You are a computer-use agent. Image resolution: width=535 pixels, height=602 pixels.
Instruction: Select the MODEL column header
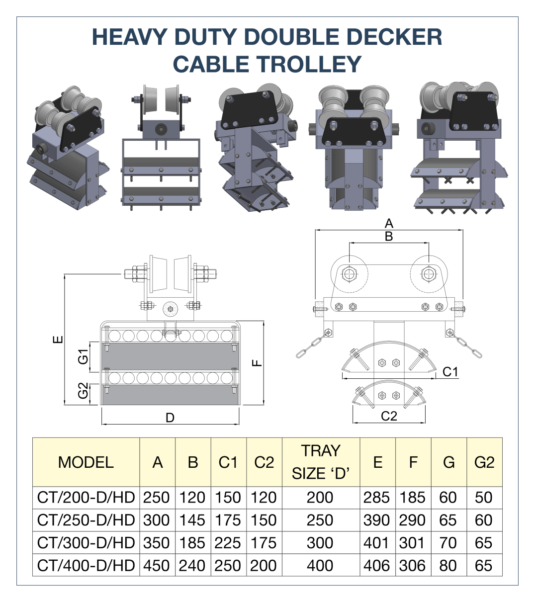point(86,462)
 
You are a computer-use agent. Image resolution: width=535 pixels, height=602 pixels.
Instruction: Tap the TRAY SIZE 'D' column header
point(321,462)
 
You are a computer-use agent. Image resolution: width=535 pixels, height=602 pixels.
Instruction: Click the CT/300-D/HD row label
point(86,543)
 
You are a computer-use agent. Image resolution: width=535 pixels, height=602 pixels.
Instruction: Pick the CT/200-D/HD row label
point(86,498)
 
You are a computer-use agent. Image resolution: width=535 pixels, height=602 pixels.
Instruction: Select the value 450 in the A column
point(157,566)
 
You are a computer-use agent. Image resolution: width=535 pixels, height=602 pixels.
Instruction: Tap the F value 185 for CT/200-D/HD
point(412,498)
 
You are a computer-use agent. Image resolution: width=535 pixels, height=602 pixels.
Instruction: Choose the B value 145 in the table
point(192,520)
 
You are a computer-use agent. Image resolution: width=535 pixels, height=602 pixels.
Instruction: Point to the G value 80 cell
point(448,566)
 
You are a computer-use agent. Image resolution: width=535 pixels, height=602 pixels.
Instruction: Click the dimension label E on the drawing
point(58,340)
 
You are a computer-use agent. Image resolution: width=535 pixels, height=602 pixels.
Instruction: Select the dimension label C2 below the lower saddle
point(389,416)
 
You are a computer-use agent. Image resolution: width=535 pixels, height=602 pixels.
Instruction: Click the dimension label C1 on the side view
point(450,372)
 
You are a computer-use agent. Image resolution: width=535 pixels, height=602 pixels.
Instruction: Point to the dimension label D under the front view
point(170,418)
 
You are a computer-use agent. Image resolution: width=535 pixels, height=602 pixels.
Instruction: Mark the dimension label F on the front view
point(257,362)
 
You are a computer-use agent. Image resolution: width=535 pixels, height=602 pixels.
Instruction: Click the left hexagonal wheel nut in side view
point(350,274)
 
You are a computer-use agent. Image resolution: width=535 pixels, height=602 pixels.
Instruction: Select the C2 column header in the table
point(264,462)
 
